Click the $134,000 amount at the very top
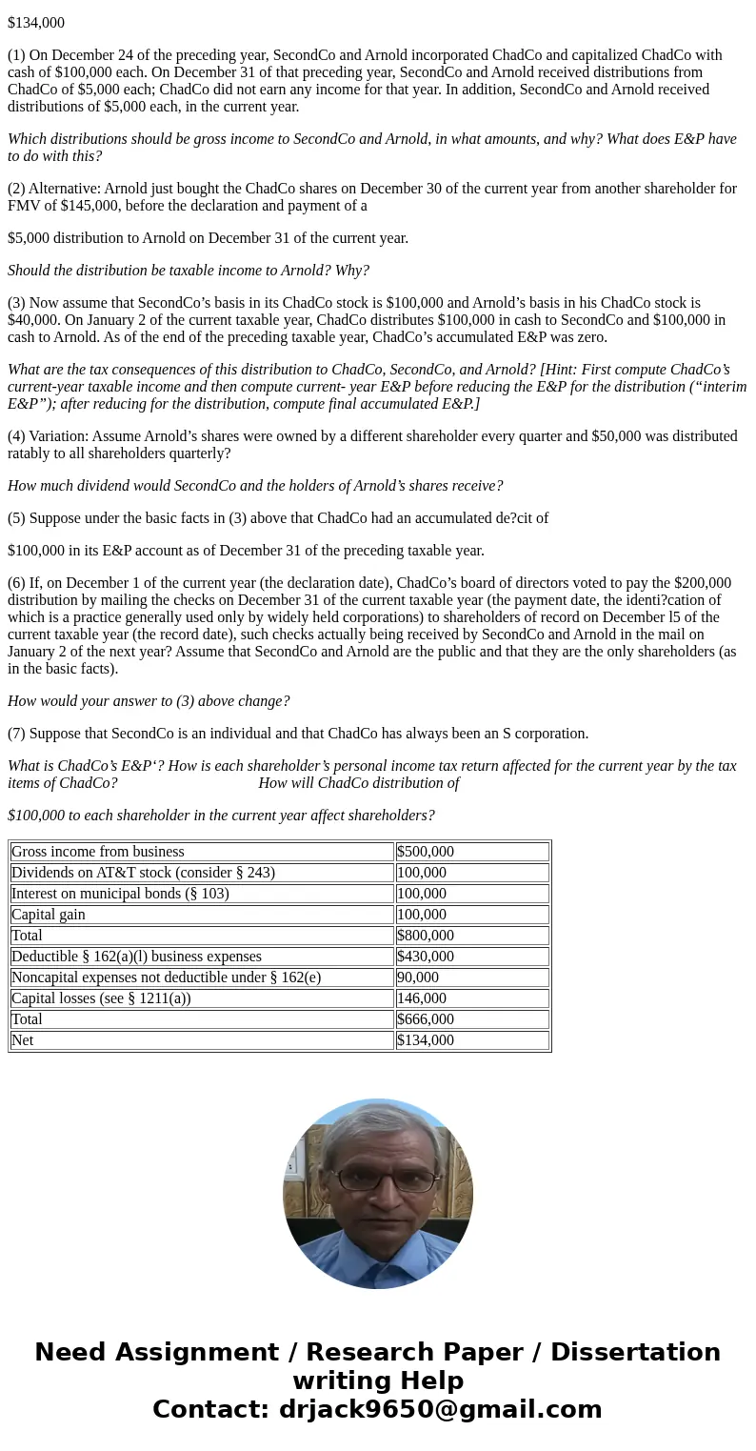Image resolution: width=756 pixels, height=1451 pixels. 36,22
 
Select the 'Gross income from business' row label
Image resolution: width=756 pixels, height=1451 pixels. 98,852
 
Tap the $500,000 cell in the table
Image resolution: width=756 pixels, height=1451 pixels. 426,852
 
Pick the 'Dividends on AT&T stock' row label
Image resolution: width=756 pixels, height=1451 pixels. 143,873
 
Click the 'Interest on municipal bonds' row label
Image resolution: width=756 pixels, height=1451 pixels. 120,894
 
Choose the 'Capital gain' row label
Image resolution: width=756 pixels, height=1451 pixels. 49,915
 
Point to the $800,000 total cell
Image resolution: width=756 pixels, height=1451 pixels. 426,936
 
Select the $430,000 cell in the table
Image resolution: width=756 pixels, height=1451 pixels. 426,957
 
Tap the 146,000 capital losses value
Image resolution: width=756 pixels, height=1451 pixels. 422,998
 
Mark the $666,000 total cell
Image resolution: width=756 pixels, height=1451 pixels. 426,1019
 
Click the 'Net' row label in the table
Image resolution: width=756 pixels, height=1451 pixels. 22,1040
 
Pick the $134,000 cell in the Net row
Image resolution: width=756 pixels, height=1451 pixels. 426,1040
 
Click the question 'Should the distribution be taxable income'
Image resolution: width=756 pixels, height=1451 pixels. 189,271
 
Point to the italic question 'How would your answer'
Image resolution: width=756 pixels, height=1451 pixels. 149,701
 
